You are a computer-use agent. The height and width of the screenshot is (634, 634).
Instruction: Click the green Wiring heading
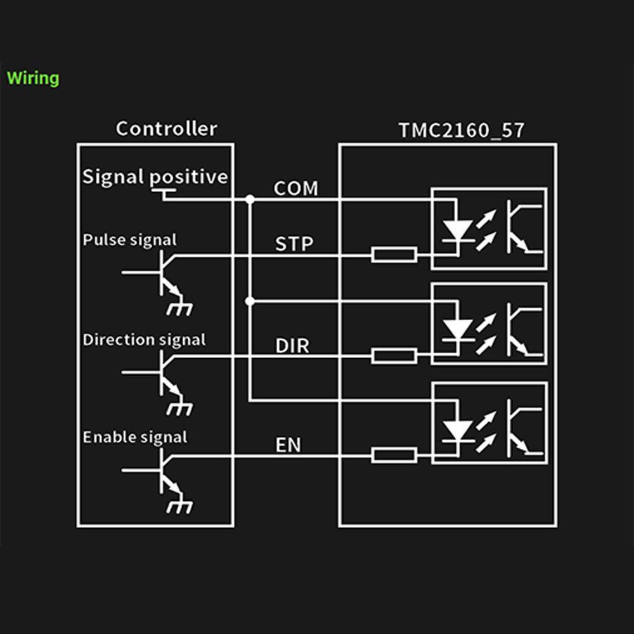pos(33,79)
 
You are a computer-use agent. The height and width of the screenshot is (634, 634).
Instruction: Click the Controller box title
pos(166,129)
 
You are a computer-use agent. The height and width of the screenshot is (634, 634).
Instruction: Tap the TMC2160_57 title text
pos(461,131)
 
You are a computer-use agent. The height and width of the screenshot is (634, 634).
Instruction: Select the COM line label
pos(295,188)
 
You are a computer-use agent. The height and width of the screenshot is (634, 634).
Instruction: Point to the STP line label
pos(294,244)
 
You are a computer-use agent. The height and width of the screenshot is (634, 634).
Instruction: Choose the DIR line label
pos(292,346)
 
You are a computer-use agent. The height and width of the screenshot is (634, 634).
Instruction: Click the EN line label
pos(288,445)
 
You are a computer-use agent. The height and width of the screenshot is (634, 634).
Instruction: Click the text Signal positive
pos(155,176)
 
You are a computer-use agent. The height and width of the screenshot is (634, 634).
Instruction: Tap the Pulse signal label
pos(130,240)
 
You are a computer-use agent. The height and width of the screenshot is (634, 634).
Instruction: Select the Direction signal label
pos(144,340)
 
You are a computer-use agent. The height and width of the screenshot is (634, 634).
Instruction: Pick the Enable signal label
pos(135,437)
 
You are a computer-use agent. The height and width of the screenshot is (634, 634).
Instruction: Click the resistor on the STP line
pos(394,256)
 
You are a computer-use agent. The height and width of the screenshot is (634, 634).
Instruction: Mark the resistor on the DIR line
pos(394,356)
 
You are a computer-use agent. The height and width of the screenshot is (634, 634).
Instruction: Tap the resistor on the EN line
pos(394,455)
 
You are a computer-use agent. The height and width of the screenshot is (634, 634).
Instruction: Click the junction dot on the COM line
pos(250,200)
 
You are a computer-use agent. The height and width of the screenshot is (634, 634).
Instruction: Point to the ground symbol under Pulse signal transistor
pos(179,309)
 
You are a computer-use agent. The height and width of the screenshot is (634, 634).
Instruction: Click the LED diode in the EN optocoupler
pos(456,429)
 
